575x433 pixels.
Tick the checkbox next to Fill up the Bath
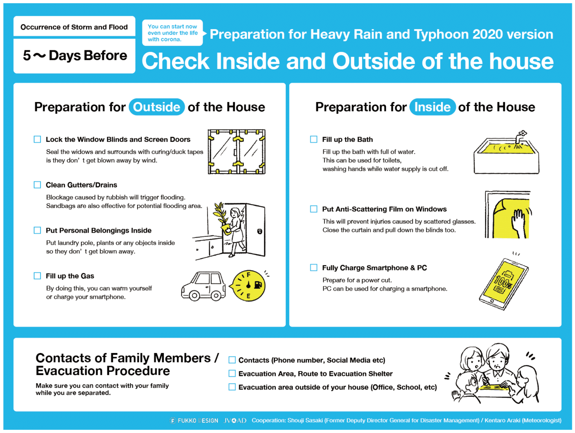tap(314, 139)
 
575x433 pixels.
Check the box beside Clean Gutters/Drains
tap(37, 185)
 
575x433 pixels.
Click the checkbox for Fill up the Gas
tap(37, 276)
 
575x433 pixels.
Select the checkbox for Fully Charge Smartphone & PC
tap(314, 268)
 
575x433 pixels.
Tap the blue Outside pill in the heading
tap(157, 107)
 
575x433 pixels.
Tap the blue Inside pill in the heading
tap(432, 107)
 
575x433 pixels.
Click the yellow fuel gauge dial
tap(248, 286)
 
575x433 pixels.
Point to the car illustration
tap(203, 286)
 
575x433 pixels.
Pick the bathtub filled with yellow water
tap(506, 155)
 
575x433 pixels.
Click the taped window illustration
tap(236, 152)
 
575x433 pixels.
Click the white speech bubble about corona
tap(172, 33)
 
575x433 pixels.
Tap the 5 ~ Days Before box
tap(75, 56)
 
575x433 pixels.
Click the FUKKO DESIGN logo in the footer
tap(194, 421)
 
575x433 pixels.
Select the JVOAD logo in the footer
tap(235, 421)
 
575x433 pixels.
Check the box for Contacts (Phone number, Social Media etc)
tap(232, 360)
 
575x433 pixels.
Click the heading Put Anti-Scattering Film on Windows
tap(384, 209)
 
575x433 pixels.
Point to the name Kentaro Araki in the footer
tap(502, 420)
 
